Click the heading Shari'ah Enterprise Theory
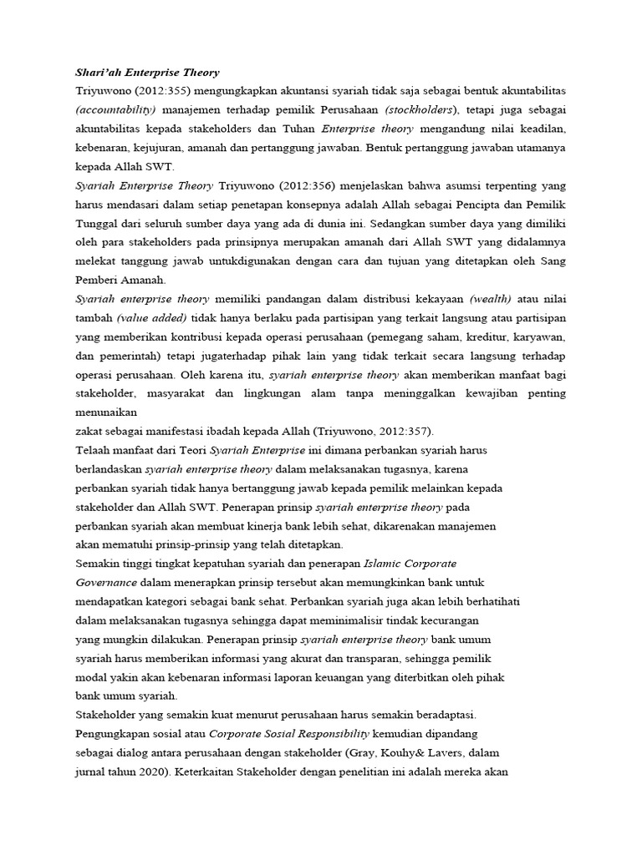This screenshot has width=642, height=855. coord(147,73)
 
